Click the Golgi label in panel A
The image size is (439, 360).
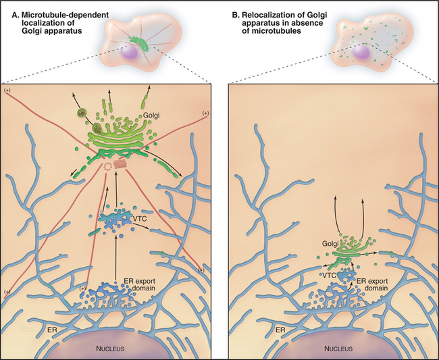pos(151,115)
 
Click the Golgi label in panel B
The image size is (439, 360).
pos(330,244)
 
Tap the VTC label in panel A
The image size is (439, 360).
pos(140,219)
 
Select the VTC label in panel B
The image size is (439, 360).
pos(329,275)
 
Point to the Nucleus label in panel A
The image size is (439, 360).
pos(110,349)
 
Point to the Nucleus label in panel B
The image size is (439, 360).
pos(338,349)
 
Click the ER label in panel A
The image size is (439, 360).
pos(53,330)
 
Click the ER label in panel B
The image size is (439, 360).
pos(280,330)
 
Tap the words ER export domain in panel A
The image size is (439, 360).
pos(139,285)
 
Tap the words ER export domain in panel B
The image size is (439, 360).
pos(372,285)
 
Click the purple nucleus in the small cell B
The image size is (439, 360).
pos(361,52)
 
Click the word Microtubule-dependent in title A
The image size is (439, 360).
pos(65,15)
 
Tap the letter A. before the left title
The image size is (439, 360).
pos(15,15)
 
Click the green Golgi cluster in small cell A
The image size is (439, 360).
pos(139,43)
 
